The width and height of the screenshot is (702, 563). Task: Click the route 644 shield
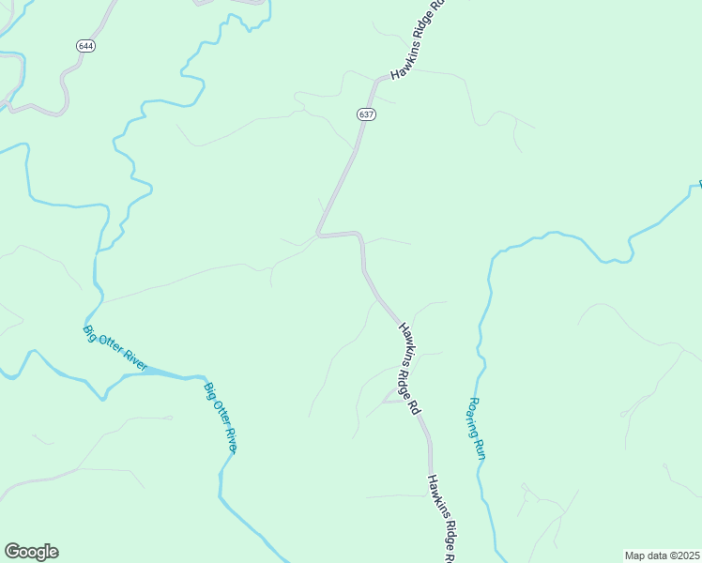(86, 45)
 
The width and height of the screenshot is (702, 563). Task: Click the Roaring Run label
(476, 427)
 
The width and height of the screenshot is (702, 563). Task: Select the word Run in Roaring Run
(480, 448)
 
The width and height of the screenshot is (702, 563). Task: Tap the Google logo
(31, 552)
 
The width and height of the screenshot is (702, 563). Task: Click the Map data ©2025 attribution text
(662, 555)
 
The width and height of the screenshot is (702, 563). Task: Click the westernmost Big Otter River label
(115, 347)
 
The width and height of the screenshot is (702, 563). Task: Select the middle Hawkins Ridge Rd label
(409, 370)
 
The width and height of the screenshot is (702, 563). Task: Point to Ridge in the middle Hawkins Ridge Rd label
(409, 371)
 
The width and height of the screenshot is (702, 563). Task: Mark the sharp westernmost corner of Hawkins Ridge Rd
(318, 234)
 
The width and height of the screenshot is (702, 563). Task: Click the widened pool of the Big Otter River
(164, 373)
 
